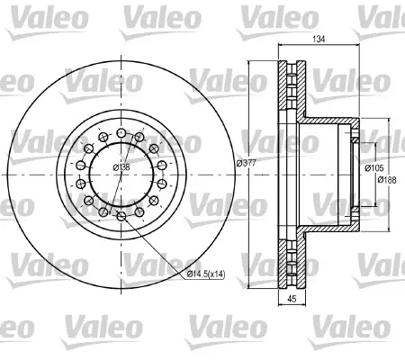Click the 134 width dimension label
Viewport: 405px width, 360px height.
[319, 39]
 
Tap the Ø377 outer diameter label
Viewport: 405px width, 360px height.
[246, 163]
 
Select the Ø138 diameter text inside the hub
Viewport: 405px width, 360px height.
[121, 167]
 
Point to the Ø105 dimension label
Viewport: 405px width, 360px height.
[374, 168]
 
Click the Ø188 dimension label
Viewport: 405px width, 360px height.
[387, 180]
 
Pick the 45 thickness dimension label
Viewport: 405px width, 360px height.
[292, 299]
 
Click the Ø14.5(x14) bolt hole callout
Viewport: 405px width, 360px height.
[205, 274]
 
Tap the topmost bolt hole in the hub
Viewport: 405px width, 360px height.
[121, 132]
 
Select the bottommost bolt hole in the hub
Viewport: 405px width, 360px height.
[121, 216]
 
